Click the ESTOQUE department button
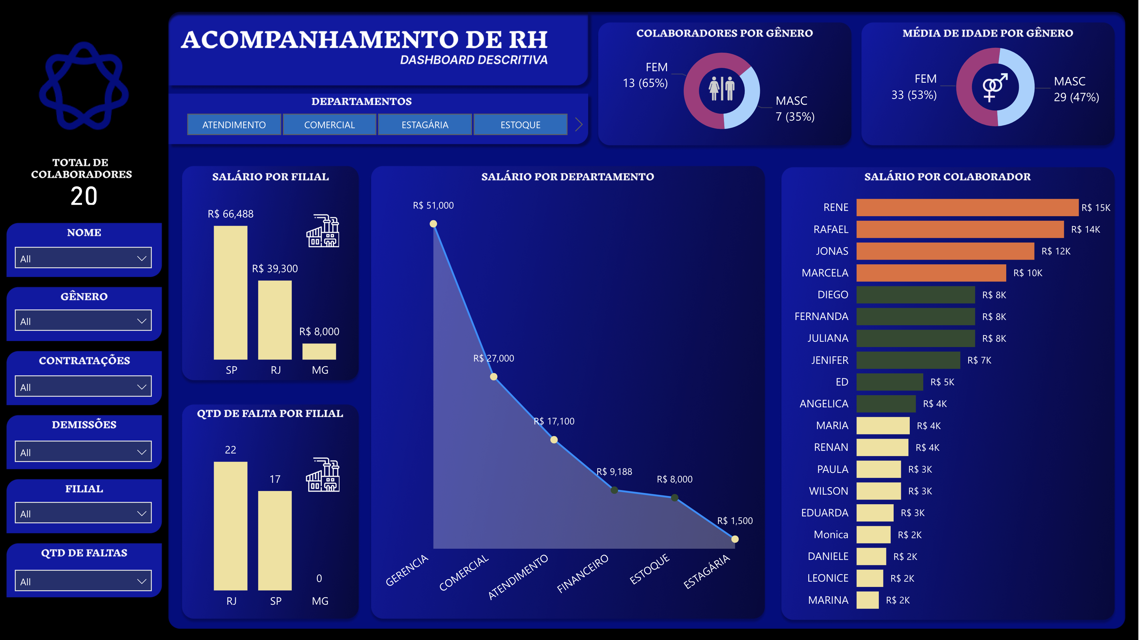point(520,125)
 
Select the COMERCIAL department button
point(329,125)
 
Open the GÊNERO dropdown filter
point(83,321)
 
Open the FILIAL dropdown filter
point(83,513)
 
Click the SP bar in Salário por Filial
point(230,292)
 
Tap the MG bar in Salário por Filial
point(319,351)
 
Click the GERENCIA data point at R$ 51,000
point(433,224)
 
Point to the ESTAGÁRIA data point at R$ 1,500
point(735,539)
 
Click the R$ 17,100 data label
point(554,421)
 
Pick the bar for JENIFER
point(908,360)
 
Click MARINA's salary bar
point(867,600)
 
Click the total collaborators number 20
point(84,196)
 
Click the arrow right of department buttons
point(578,124)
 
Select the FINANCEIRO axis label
point(582,574)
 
